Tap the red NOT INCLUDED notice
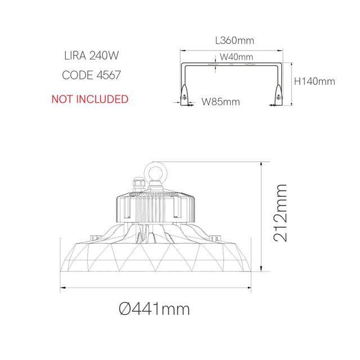click(x=90, y=99)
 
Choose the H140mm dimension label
click(x=315, y=81)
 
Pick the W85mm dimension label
click(x=221, y=102)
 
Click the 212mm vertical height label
click(x=280, y=212)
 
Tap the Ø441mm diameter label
click(x=154, y=309)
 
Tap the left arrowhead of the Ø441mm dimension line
click(x=62, y=287)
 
